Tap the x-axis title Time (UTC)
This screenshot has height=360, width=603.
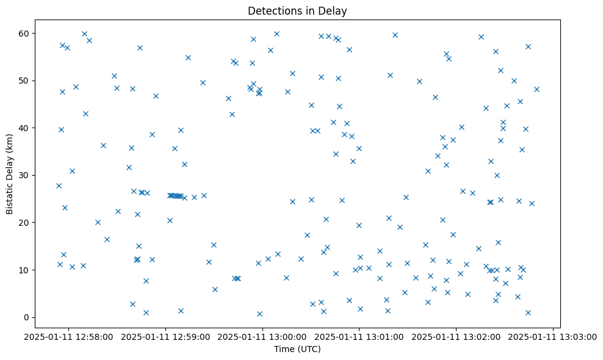pyautogui.click(x=298, y=349)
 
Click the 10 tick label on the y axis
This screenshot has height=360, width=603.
pyautogui.click(x=25, y=270)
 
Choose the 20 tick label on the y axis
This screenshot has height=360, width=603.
pyautogui.click(x=25, y=223)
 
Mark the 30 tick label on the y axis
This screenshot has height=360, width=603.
pyautogui.click(x=25, y=175)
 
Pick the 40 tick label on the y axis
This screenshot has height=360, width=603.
pyautogui.click(x=25, y=128)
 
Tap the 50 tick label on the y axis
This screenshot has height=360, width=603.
pyautogui.click(x=25, y=81)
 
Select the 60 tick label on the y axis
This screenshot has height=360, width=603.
pyautogui.click(x=25, y=33)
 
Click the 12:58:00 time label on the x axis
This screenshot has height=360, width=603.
pyautogui.click(x=69, y=336)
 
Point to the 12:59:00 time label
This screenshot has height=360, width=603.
pyautogui.click(x=166, y=336)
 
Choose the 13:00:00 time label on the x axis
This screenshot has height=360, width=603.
pyautogui.click(x=263, y=336)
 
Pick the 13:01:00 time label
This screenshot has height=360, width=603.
pyautogui.click(x=359, y=336)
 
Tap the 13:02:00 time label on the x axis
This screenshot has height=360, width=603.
pyautogui.click(x=457, y=336)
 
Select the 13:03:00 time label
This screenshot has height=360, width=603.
pyautogui.click(x=553, y=336)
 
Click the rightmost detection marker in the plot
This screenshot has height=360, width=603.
pyautogui.click(x=536, y=89)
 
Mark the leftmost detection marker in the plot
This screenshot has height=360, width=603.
pyautogui.click(x=59, y=185)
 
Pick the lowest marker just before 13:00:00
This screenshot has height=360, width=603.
pyautogui.click(x=259, y=314)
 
